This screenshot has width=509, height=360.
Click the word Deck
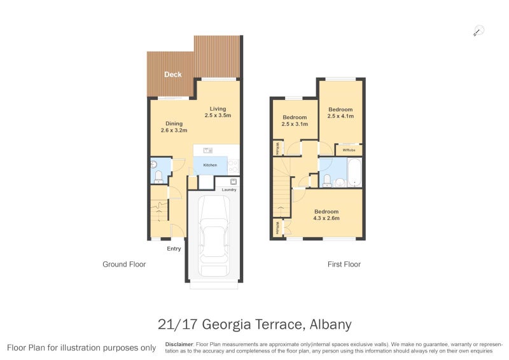172,74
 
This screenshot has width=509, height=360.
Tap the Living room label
218,109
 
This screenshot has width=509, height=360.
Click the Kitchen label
210,165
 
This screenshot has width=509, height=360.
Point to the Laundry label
230,190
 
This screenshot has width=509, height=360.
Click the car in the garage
213,235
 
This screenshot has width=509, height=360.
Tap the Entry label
174,248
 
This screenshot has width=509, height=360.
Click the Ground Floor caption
124,264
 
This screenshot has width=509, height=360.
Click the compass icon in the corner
478,30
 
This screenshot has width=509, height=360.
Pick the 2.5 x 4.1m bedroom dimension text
340,117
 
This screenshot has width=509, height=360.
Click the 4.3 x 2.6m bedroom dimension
326,218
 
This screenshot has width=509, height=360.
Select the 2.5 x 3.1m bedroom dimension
295,125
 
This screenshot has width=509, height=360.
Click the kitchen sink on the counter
207,151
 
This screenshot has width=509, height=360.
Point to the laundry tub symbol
226,182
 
